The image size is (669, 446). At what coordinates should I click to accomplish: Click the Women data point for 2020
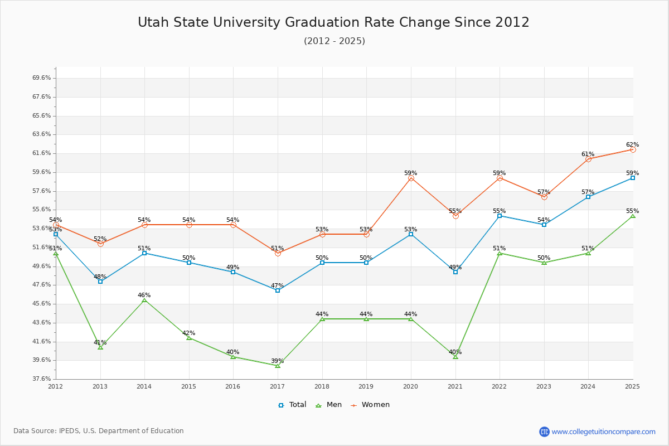click(411, 178)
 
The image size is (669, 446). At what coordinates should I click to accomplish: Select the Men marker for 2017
click(278, 365)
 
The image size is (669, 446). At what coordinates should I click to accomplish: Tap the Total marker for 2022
click(500, 216)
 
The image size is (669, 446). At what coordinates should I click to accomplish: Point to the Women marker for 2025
click(633, 149)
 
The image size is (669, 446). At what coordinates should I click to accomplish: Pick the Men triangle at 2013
click(100, 347)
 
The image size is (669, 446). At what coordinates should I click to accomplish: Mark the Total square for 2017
click(278, 290)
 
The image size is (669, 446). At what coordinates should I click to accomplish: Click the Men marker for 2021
click(455, 356)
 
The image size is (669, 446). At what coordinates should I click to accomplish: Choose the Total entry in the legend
click(292, 405)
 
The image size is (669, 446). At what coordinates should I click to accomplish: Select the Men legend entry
click(328, 405)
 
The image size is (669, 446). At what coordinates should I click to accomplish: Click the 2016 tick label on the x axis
click(233, 386)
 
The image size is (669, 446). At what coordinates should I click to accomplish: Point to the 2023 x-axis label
click(544, 386)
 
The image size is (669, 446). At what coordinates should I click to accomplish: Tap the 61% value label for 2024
click(588, 154)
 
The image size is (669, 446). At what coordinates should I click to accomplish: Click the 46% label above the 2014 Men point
click(144, 295)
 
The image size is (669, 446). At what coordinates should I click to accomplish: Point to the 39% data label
click(278, 361)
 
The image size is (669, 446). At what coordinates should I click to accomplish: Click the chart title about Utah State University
click(333, 22)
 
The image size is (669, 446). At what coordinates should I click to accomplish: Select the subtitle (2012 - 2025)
click(334, 41)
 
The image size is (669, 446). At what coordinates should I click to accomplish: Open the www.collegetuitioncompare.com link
click(603, 432)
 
